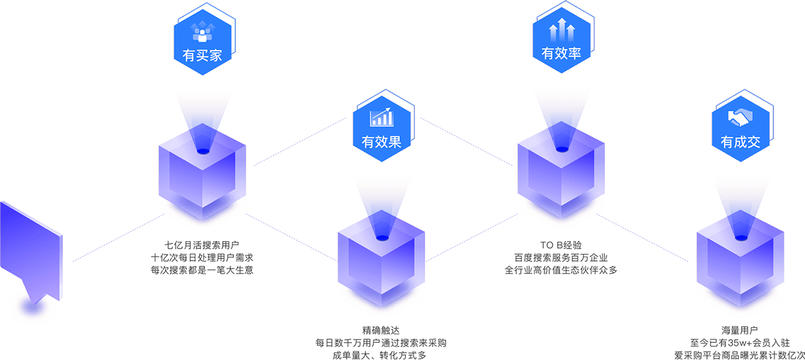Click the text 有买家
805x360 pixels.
(202, 55)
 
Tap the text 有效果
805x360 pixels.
(381, 141)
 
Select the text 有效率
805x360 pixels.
(561, 54)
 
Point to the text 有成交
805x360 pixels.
(740, 142)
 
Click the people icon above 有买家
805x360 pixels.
(202, 30)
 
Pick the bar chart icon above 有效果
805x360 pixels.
(381, 117)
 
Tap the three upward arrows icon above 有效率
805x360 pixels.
(561, 30)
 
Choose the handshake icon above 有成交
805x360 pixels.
(740, 117)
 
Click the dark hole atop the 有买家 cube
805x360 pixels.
(203, 151)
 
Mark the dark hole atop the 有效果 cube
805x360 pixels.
(381, 239)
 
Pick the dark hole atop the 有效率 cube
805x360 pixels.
(561, 149)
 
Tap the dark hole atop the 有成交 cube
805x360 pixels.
(740, 238)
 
